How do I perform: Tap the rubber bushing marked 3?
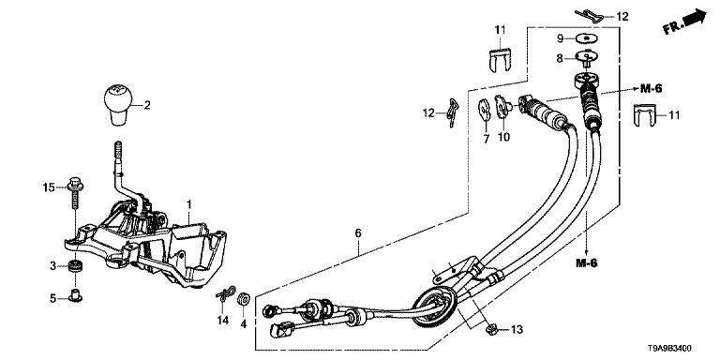[73, 266]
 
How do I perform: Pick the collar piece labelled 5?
[73, 296]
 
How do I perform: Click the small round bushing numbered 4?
[243, 299]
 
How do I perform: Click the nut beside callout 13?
[491, 328]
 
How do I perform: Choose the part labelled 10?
[502, 107]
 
